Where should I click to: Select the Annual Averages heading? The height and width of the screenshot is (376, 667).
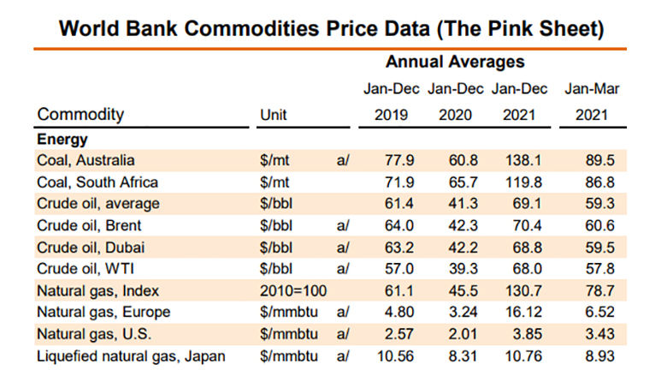[x=454, y=63]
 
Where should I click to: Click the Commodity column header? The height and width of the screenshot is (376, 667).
[x=80, y=115]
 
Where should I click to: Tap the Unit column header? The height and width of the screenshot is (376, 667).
[x=273, y=115]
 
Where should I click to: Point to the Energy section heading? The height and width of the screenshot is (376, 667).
[x=62, y=139]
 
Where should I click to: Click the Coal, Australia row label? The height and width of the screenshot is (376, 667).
[x=86, y=160]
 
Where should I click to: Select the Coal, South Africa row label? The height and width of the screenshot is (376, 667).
[x=97, y=182]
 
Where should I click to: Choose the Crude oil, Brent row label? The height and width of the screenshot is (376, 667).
[x=89, y=226]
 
